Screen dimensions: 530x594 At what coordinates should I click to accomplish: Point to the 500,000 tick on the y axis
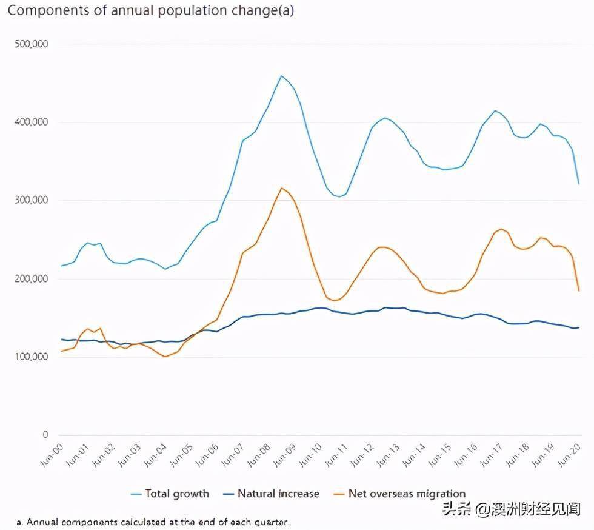[x=30, y=44]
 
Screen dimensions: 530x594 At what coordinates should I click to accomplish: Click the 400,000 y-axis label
[x=30, y=122]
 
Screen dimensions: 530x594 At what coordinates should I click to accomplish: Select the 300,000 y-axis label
[x=30, y=201]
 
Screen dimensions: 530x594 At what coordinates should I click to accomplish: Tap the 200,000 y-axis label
[x=30, y=279]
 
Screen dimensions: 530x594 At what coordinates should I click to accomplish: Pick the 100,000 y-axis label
[x=30, y=357]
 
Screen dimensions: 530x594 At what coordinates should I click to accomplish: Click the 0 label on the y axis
[x=44, y=435]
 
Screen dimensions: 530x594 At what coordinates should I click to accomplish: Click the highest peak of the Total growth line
[x=281, y=76]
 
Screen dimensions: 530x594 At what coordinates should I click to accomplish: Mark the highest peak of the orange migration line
[x=282, y=188]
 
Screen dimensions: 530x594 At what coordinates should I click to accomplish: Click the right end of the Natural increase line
[x=579, y=327]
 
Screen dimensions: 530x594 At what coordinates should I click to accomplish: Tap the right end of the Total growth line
[x=579, y=183]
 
